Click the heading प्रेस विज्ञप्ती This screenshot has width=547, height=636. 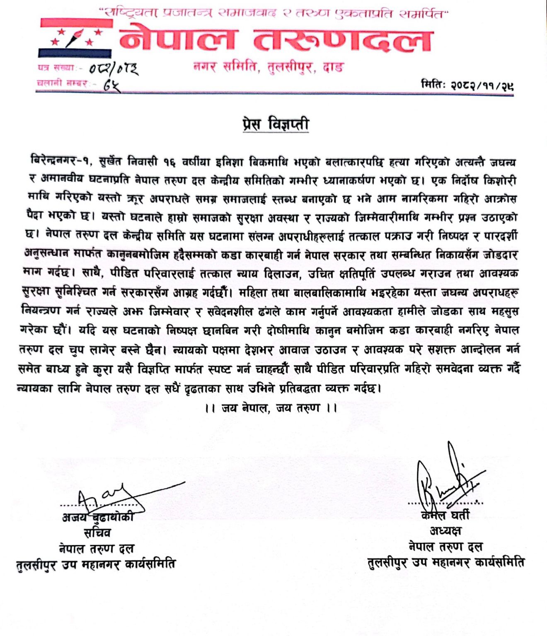[x=276, y=125]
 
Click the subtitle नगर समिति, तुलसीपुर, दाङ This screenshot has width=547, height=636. [x=269, y=67]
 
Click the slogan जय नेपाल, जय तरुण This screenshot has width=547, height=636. [x=271, y=408]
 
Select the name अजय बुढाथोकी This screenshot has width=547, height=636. [x=98, y=517]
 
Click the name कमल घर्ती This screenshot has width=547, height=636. [x=445, y=515]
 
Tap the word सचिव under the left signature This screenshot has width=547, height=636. [x=97, y=532]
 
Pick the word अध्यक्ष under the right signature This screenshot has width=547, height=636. [x=445, y=530]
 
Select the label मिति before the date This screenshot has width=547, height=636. [x=433, y=86]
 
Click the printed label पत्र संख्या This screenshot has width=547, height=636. [x=56, y=68]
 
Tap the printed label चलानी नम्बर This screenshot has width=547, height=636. [x=62, y=84]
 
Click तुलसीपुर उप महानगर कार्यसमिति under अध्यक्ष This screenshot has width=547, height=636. [x=446, y=562]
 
